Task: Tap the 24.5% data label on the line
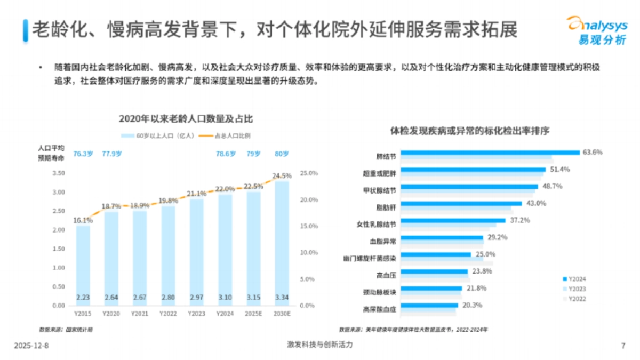coord(282,175)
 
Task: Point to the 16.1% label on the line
coord(83,219)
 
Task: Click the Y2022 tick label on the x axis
coord(168,314)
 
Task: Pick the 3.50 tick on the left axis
coord(59,173)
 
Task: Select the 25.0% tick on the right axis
coord(309,173)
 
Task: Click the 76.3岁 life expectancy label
coord(83,154)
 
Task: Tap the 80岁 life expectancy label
coord(282,154)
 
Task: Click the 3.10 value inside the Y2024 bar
coord(225,297)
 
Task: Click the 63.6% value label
coord(592,153)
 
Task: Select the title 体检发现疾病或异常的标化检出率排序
coord(470,130)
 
